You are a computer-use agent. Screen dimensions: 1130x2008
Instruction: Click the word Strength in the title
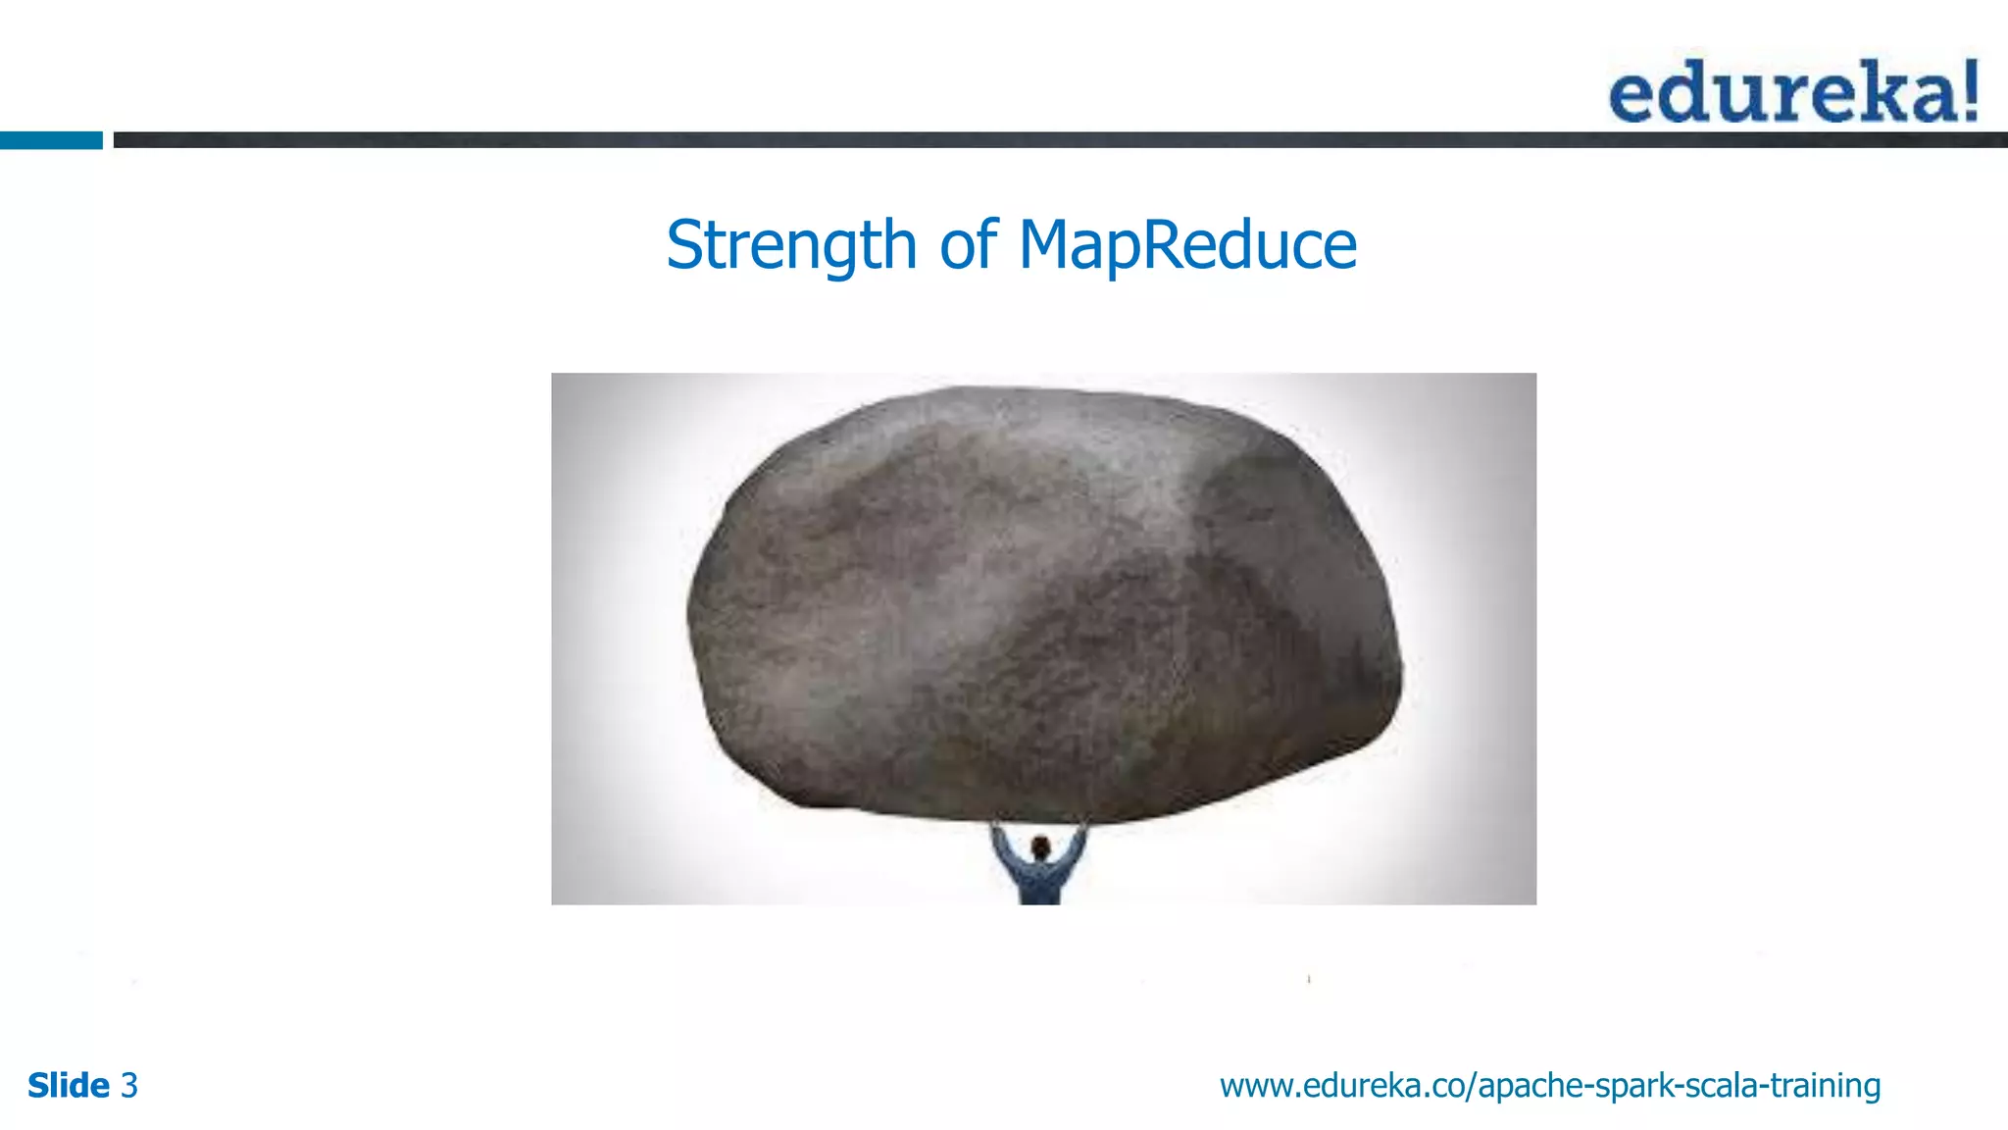pyautogui.click(x=790, y=245)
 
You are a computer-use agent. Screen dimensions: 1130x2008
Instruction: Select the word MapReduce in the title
pyautogui.click(x=1187, y=245)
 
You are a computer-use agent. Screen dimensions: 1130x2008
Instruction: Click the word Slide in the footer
pyautogui.click(x=68, y=1086)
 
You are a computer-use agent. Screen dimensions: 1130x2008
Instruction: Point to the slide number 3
pyautogui.click(x=129, y=1086)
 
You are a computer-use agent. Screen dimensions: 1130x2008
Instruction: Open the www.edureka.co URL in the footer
pyautogui.click(x=1549, y=1086)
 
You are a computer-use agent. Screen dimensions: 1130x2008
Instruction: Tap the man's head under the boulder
pyautogui.click(x=1040, y=847)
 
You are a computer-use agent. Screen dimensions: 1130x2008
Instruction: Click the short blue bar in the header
pyautogui.click(x=51, y=140)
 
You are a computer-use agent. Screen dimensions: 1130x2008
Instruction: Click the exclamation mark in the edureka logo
pyautogui.click(x=1968, y=90)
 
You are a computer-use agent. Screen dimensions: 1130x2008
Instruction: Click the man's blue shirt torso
pyautogui.click(x=1039, y=883)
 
